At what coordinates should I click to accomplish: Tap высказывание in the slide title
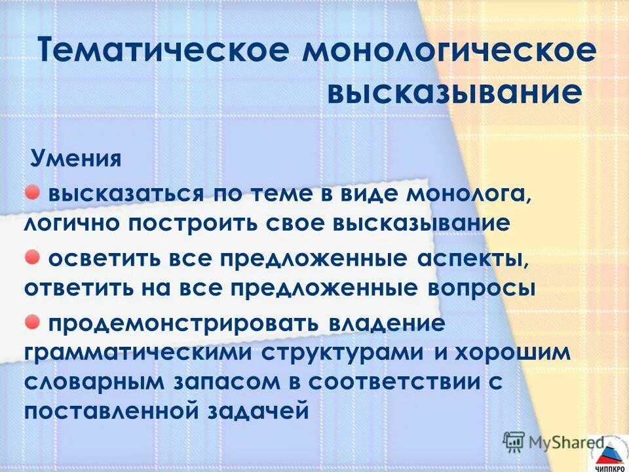point(455,93)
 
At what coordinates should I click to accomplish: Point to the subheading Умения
point(76,159)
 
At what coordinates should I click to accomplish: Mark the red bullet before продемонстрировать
point(32,321)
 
